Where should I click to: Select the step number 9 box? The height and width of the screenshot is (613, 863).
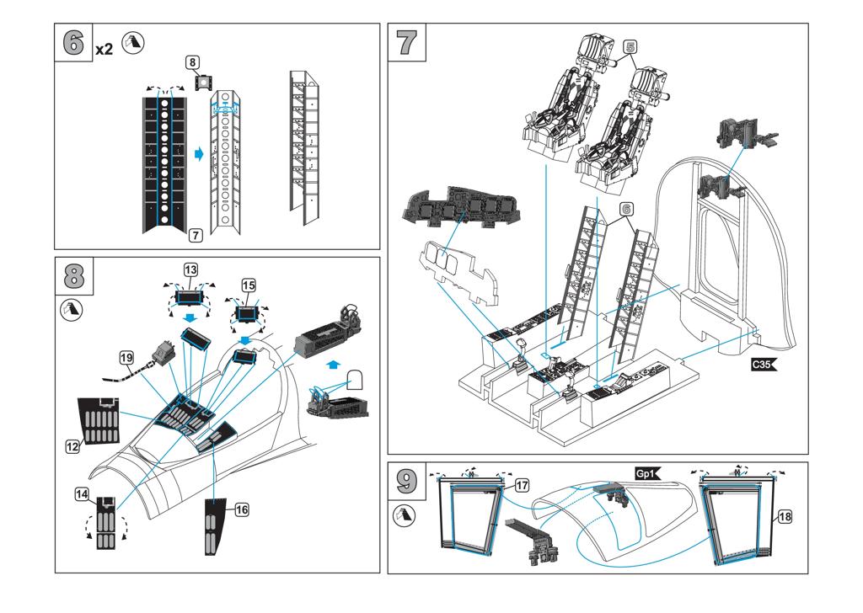tap(408, 481)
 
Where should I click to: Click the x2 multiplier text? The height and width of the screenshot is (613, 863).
tap(104, 49)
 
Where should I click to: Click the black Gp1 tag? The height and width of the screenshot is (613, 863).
tap(650, 473)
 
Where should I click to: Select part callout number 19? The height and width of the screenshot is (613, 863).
tap(127, 357)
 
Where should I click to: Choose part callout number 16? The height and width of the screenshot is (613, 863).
tap(241, 509)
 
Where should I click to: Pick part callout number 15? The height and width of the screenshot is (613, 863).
tap(248, 285)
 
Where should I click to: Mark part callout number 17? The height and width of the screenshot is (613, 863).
tap(522, 485)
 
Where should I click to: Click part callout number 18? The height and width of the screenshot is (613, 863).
tap(785, 516)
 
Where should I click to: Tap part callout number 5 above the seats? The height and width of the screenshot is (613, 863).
tap(630, 48)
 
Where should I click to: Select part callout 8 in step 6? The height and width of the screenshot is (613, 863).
tap(193, 61)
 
